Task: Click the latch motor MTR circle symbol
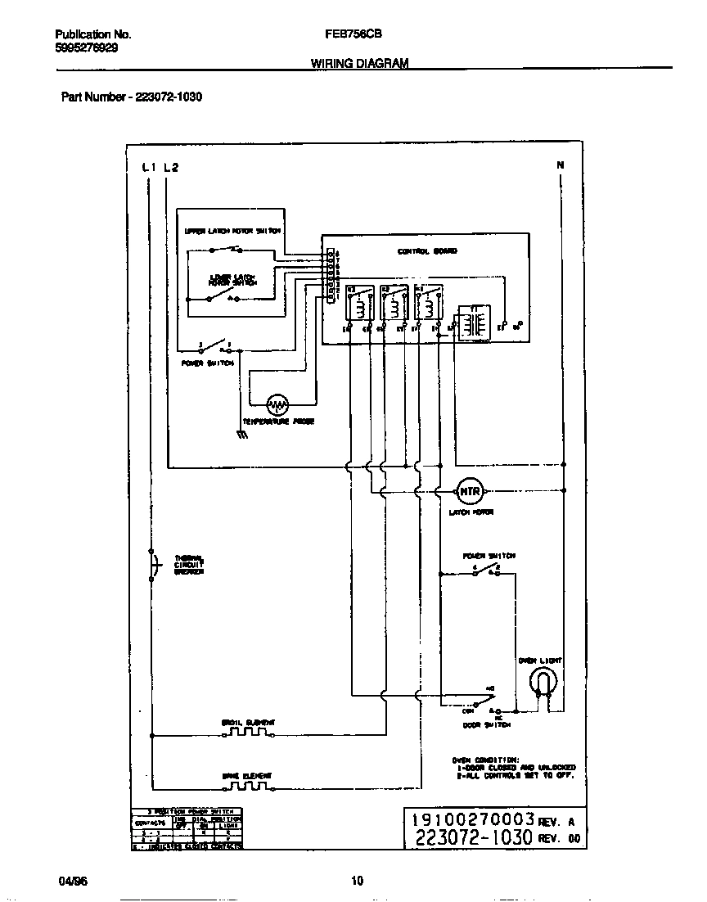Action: point(470,491)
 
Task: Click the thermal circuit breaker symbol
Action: point(151,565)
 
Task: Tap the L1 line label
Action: point(149,167)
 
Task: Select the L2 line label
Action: point(170,167)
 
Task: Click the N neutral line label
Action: point(561,165)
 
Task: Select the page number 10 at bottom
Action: point(356,881)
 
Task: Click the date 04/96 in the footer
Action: point(71,881)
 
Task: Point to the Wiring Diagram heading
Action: point(359,63)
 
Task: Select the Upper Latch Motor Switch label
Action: point(232,231)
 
